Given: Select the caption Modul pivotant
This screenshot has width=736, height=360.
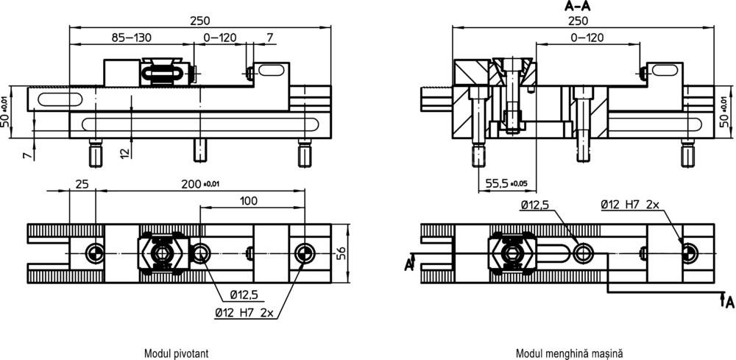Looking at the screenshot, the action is [x=177, y=353].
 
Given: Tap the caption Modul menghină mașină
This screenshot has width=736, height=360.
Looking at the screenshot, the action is [x=570, y=353].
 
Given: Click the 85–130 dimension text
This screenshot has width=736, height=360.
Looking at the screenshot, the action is [x=132, y=38].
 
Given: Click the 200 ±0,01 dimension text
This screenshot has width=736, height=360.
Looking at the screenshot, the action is [x=200, y=184].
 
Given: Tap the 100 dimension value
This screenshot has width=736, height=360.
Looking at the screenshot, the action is [x=248, y=201].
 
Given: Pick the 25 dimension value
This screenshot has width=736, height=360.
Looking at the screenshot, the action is [x=82, y=184].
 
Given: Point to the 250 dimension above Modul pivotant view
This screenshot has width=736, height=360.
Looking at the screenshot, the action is [x=200, y=21].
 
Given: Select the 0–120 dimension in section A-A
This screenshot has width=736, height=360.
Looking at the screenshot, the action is [x=587, y=38].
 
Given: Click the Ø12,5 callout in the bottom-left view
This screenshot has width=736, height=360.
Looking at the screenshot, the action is [x=244, y=294].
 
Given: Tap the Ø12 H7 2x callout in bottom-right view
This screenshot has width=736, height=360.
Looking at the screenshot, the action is [x=630, y=205].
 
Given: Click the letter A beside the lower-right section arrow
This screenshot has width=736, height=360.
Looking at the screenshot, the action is [x=729, y=303].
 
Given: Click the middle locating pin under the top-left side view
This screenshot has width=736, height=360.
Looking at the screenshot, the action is [x=200, y=150].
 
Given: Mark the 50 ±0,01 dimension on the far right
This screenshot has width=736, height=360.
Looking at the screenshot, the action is [x=725, y=112].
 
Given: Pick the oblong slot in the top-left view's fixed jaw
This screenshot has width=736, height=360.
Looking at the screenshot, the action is [x=270, y=71].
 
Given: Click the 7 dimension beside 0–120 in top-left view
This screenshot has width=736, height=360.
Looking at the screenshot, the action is [x=269, y=38].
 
